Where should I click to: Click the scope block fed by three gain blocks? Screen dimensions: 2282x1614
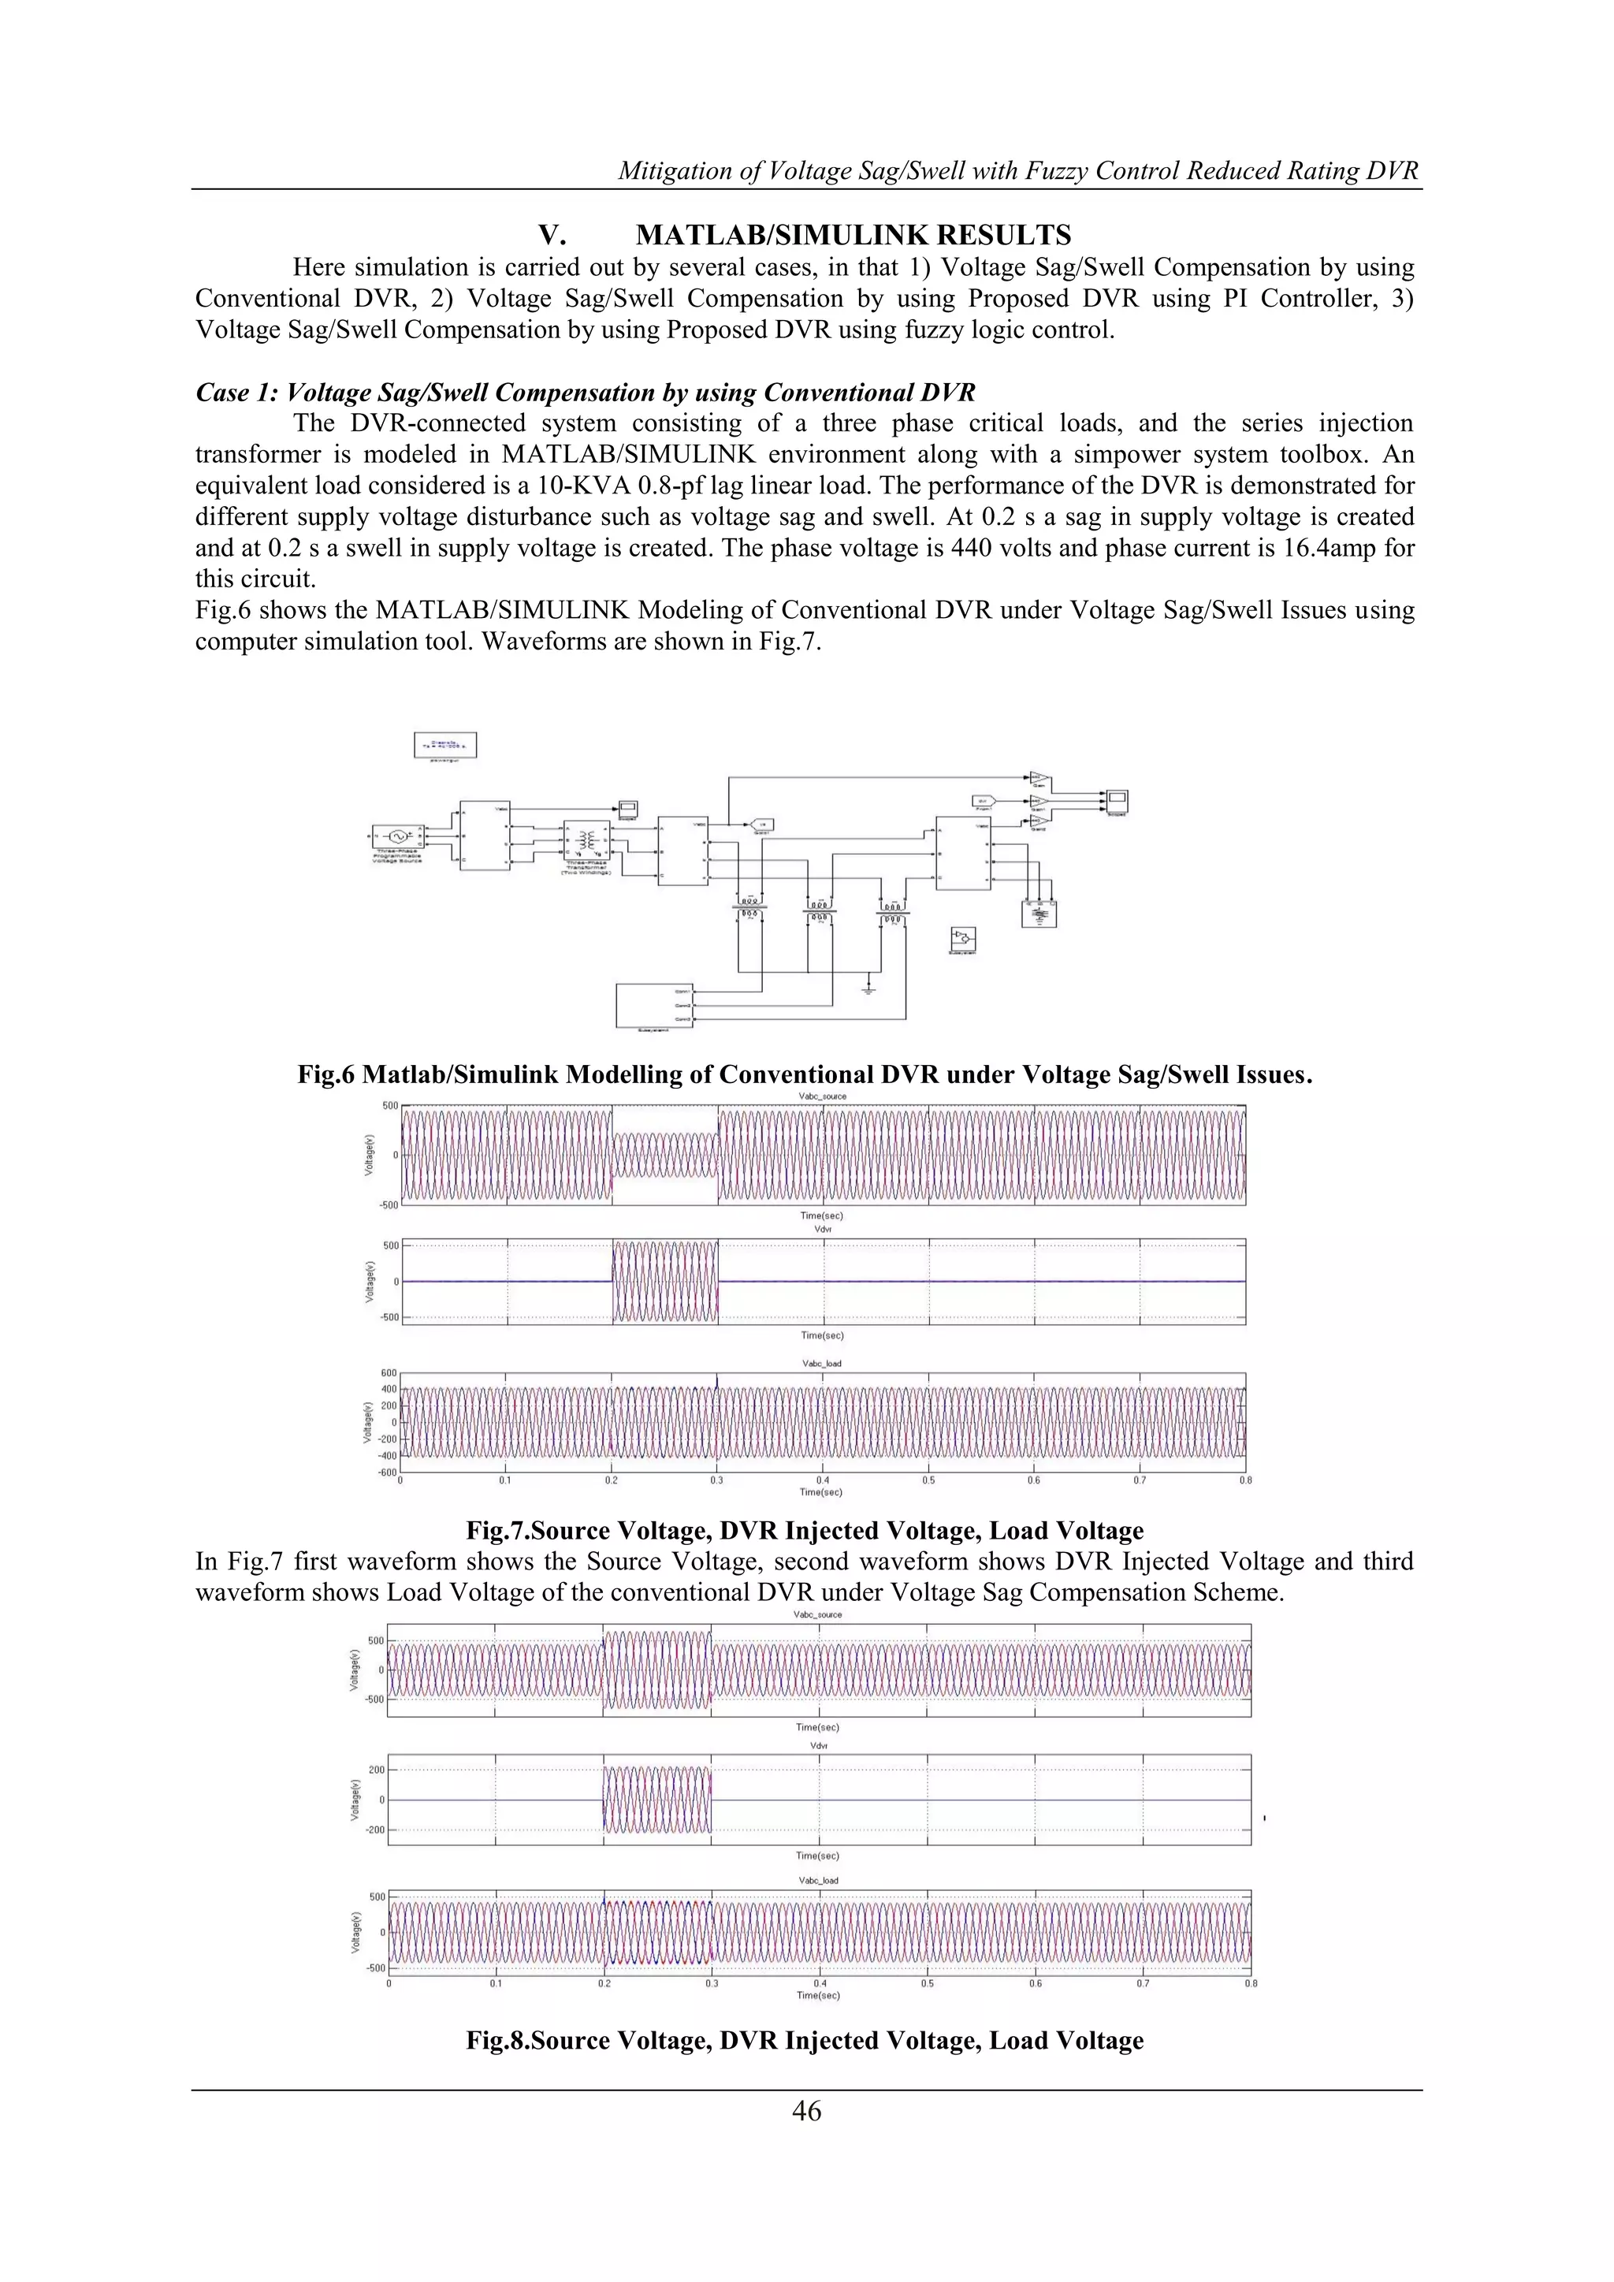[1118, 799]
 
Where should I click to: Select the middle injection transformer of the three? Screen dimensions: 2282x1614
[819, 910]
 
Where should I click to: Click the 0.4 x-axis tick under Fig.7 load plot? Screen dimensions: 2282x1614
[823, 1480]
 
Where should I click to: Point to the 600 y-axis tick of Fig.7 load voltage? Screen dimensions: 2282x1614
[389, 1372]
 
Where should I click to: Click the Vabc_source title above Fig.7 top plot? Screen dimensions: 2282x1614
[823, 1096]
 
